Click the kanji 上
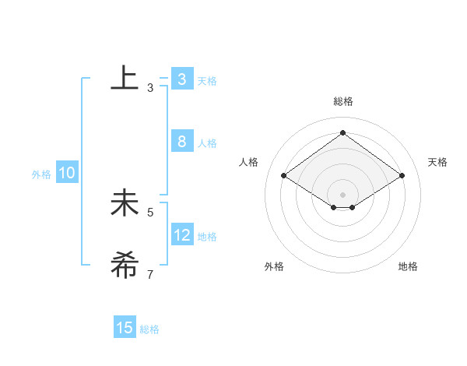(x=125, y=79)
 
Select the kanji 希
(x=125, y=265)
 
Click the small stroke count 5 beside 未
(x=150, y=212)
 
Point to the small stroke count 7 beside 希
(x=150, y=274)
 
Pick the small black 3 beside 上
(x=150, y=88)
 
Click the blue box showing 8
(x=181, y=142)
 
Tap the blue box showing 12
(x=181, y=235)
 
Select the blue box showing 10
(x=66, y=174)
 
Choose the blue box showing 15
(x=125, y=328)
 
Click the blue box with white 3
(x=181, y=79)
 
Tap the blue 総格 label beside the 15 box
(x=149, y=329)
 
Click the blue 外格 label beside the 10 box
(x=41, y=174)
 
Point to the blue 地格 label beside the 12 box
(x=207, y=237)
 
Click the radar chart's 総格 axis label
(x=342, y=101)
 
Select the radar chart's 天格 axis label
(x=437, y=162)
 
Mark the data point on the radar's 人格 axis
(x=283, y=176)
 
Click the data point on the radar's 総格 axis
(x=342, y=132)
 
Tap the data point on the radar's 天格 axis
(x=402, y=176)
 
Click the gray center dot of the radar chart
(x=342, y=194)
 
